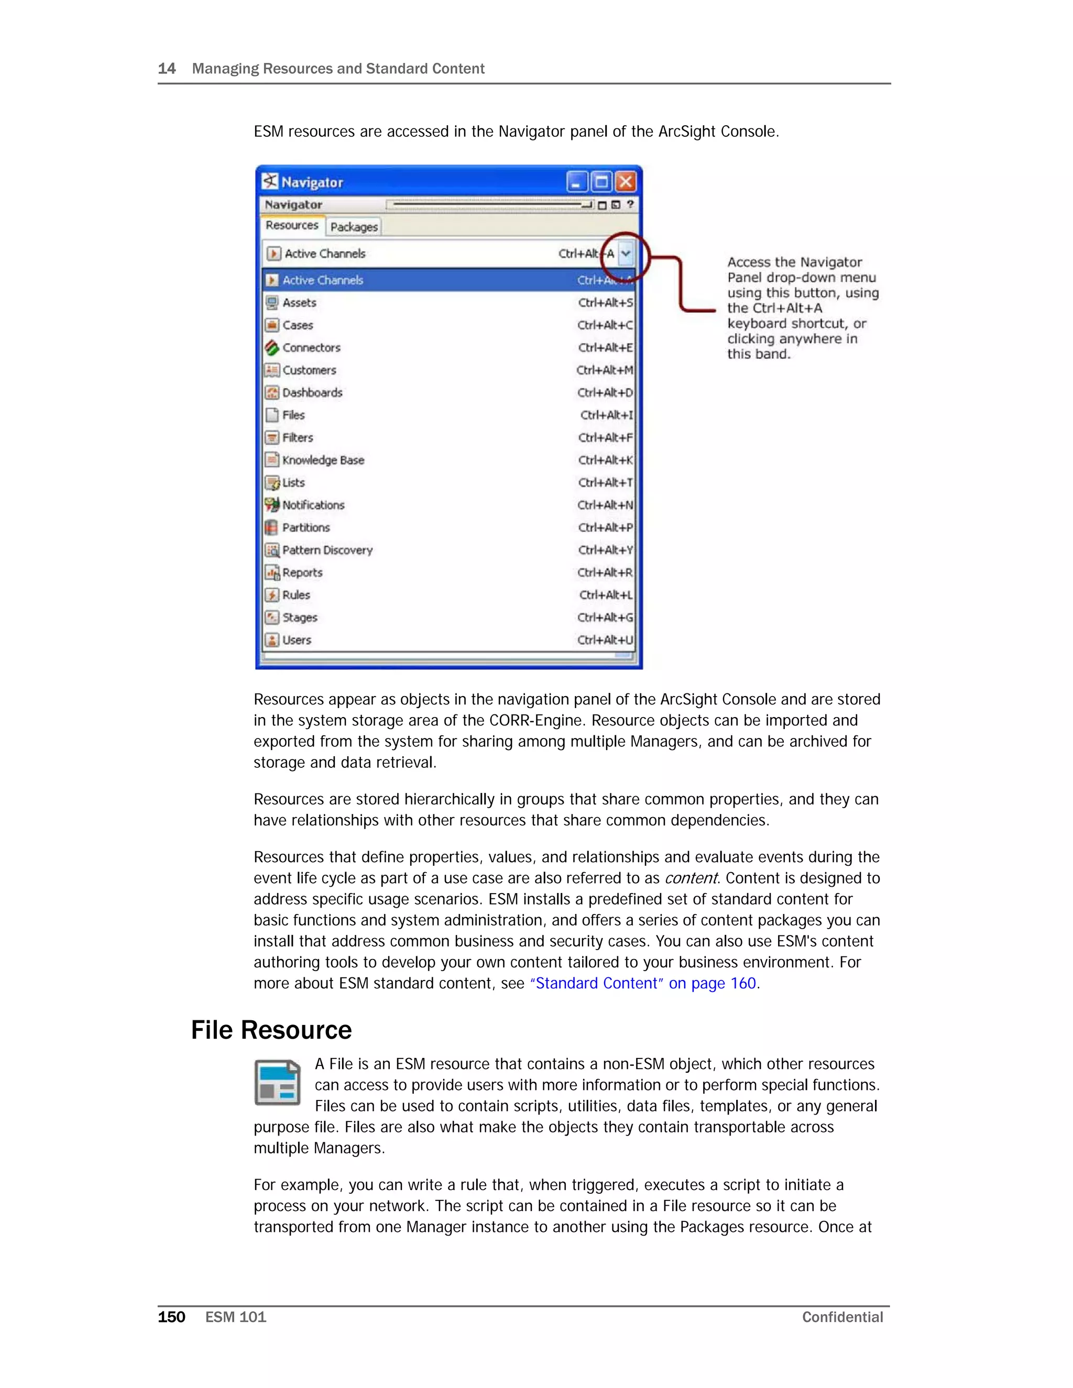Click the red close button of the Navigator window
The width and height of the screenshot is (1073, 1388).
(x=626, y=182)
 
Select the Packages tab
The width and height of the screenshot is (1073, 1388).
(x=354, y=227)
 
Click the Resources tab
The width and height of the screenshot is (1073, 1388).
(x=292, y=226)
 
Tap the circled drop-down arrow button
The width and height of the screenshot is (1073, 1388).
(x=626, y=254)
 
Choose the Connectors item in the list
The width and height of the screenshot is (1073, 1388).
(x=312, y=348)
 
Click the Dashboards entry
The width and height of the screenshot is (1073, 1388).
(x=312, y=393)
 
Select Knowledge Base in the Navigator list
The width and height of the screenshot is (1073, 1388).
(x=323, y=460)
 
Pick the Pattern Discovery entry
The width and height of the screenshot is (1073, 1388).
(x=327, y=550)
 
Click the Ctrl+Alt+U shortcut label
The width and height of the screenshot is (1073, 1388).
(x=605, y=640)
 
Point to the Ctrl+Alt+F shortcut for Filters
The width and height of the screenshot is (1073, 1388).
(x=605, y=438)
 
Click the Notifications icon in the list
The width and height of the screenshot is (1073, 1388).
(x=272, y=505)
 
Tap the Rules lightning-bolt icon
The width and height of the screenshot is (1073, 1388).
(x=272, y=595)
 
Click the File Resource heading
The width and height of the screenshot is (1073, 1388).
(x=271, y=1030)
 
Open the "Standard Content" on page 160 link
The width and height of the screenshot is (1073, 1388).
(x=643, y=984)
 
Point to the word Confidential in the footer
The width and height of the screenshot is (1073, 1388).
(x=842, y=1317)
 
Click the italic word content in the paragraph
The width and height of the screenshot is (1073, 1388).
(x=691, y=878)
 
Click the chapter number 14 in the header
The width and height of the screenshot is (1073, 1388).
(x=167, y=69)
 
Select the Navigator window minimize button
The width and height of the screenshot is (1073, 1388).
(x=576, y=182)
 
